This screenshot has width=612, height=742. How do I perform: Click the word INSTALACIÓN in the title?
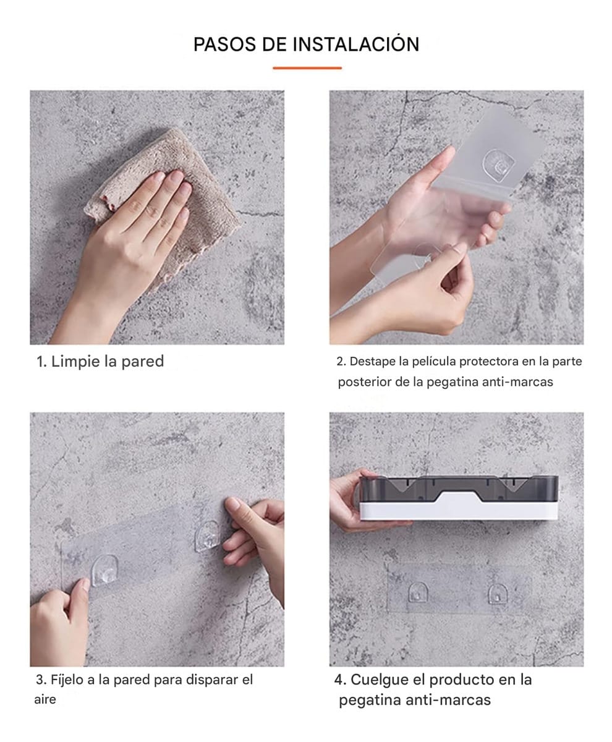point(355,45)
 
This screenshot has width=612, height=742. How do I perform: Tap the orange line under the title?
point(307,67)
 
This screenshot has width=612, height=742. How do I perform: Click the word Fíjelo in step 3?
point(66,680)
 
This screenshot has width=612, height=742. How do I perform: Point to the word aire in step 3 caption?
point(45,700)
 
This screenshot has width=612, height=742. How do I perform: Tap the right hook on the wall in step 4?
point(496,594)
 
